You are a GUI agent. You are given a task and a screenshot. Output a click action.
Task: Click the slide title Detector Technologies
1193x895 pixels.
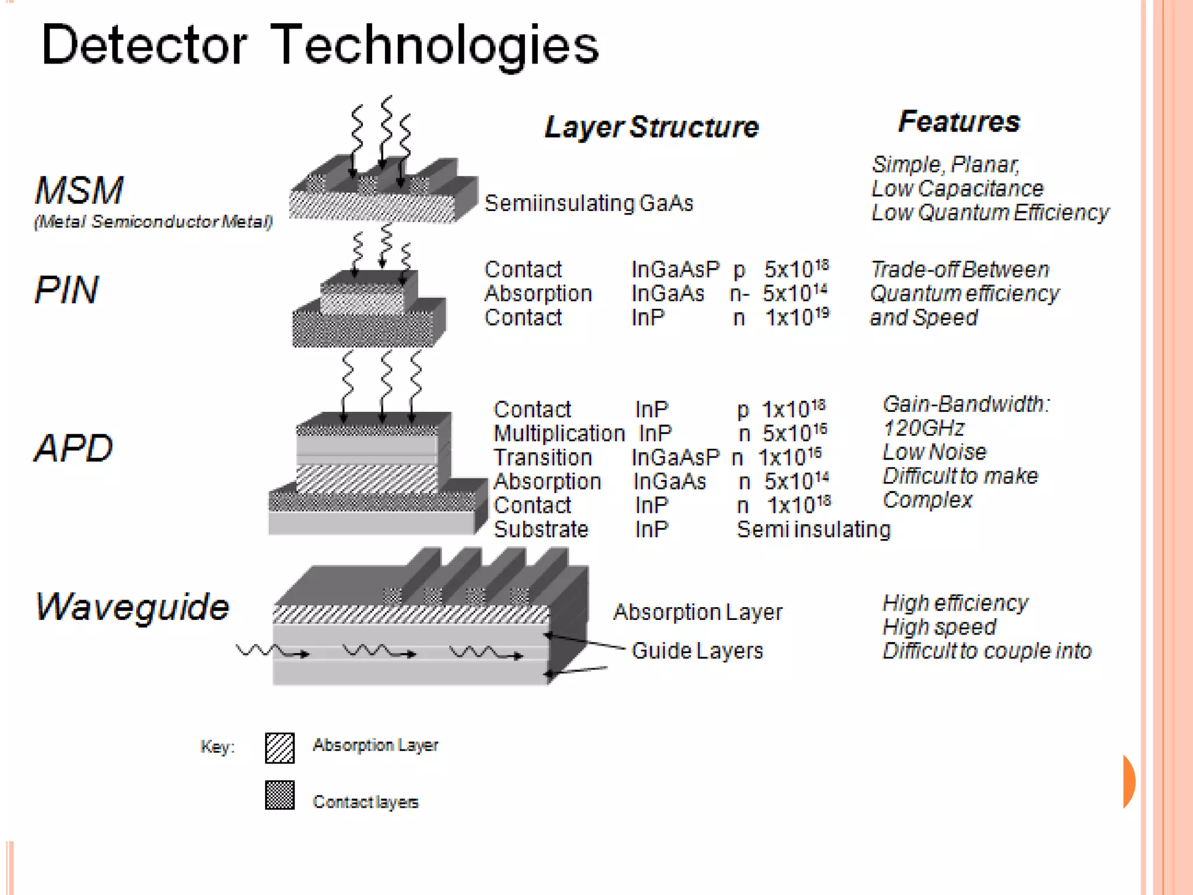click(x=319, y=45)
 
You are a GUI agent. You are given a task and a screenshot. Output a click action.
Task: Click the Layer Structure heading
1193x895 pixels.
click(x=651, y=127)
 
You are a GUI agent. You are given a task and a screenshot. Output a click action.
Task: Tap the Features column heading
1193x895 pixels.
click(x=959, y=122)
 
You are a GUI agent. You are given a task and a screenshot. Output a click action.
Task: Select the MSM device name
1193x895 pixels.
click(x=79, y=191)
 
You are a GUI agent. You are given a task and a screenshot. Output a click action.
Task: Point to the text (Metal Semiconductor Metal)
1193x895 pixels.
click(x=153, y=222)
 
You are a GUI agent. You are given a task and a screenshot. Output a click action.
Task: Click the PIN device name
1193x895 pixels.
click(x=66, y=290)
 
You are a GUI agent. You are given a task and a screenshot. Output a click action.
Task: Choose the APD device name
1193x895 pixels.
click(x=73, y=448)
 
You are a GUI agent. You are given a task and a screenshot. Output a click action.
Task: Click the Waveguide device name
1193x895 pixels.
click(x=132, y=607)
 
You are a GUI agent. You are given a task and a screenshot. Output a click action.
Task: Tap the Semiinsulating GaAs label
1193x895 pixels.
click(x=588, y=203)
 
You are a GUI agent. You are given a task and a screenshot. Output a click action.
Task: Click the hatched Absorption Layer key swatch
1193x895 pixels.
click(x=280, y=748)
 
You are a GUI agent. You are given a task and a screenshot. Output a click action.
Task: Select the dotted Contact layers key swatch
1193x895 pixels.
click(x=280, y=795)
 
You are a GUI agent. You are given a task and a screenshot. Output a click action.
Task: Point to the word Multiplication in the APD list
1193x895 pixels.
click(x=559, y=434)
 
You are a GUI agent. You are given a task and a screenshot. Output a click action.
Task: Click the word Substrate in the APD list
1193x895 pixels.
click(x=541, y=529)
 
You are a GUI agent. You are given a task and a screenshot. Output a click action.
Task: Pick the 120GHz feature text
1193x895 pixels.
click(x=923, y=428)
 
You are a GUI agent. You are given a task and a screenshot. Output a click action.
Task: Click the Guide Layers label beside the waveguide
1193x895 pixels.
click(x=697, y=651)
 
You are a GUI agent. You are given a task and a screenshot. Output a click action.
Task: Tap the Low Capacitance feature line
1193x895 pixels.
click(x=957, y=189)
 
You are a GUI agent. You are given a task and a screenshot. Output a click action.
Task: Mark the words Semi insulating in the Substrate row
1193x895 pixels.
click(x=813, y=530)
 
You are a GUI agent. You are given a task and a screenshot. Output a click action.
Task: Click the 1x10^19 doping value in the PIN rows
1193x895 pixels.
click(x=796, y=318)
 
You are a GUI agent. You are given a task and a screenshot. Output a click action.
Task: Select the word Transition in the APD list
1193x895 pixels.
click(x=542, y=457)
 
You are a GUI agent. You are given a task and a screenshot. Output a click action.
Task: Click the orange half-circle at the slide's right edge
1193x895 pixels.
click(x=1129, y=781)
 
